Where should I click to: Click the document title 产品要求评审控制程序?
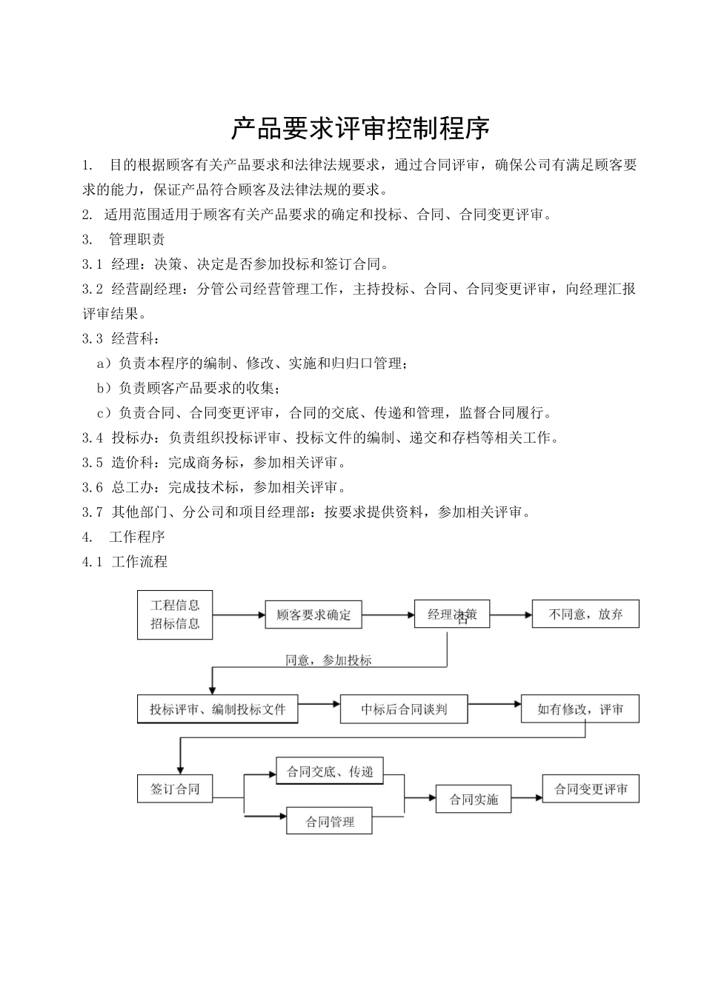click(x=360, y=129)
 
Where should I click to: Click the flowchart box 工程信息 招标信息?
click(x=175, y=614)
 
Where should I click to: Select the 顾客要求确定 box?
click(x=313, y=614)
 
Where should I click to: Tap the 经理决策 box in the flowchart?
click(x=452, y=614)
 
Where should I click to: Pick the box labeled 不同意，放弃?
click(x=585, y=614)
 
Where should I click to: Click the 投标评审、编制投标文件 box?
click(x=218, y=709)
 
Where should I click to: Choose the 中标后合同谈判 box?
click(x=404, y=709)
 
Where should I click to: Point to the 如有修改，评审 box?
click(x=580, y=709)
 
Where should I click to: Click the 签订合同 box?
click(x=175, y=788)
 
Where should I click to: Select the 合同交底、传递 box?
click(x=330, y=772)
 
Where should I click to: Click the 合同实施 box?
click(x=474, y=799)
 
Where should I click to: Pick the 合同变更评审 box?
click(x=591, y=789)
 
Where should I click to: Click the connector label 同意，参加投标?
click(x=328, y=660)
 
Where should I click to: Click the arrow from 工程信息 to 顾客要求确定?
click(x=239, y=614)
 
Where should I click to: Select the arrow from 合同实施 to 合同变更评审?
click(x=527, y=798)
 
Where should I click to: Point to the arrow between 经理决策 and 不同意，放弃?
click(x=511, y=614)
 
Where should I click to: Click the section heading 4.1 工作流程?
click(x=125, y=561)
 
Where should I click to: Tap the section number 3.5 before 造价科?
click(x=93, y=463)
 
